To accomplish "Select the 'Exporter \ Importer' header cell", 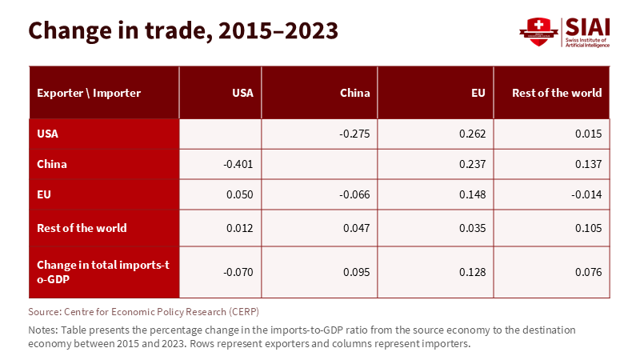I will tap(89, 93).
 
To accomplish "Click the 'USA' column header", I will tap(242, 93).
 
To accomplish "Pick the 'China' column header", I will tap(354, 93).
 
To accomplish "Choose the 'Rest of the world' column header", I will tap(557, 93).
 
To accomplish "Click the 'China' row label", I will tap(52, 165).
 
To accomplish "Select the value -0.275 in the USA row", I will tap(354, 134).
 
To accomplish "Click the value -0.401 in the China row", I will tap(238, 165).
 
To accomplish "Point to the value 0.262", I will tap(472, 134).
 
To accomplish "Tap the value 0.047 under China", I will tap(357, 228).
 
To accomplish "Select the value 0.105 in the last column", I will tap(588, 228).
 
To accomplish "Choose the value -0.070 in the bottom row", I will tap(238, 271).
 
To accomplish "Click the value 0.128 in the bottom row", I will tap(472, 271).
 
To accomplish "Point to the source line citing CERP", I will tap(144, 310).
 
